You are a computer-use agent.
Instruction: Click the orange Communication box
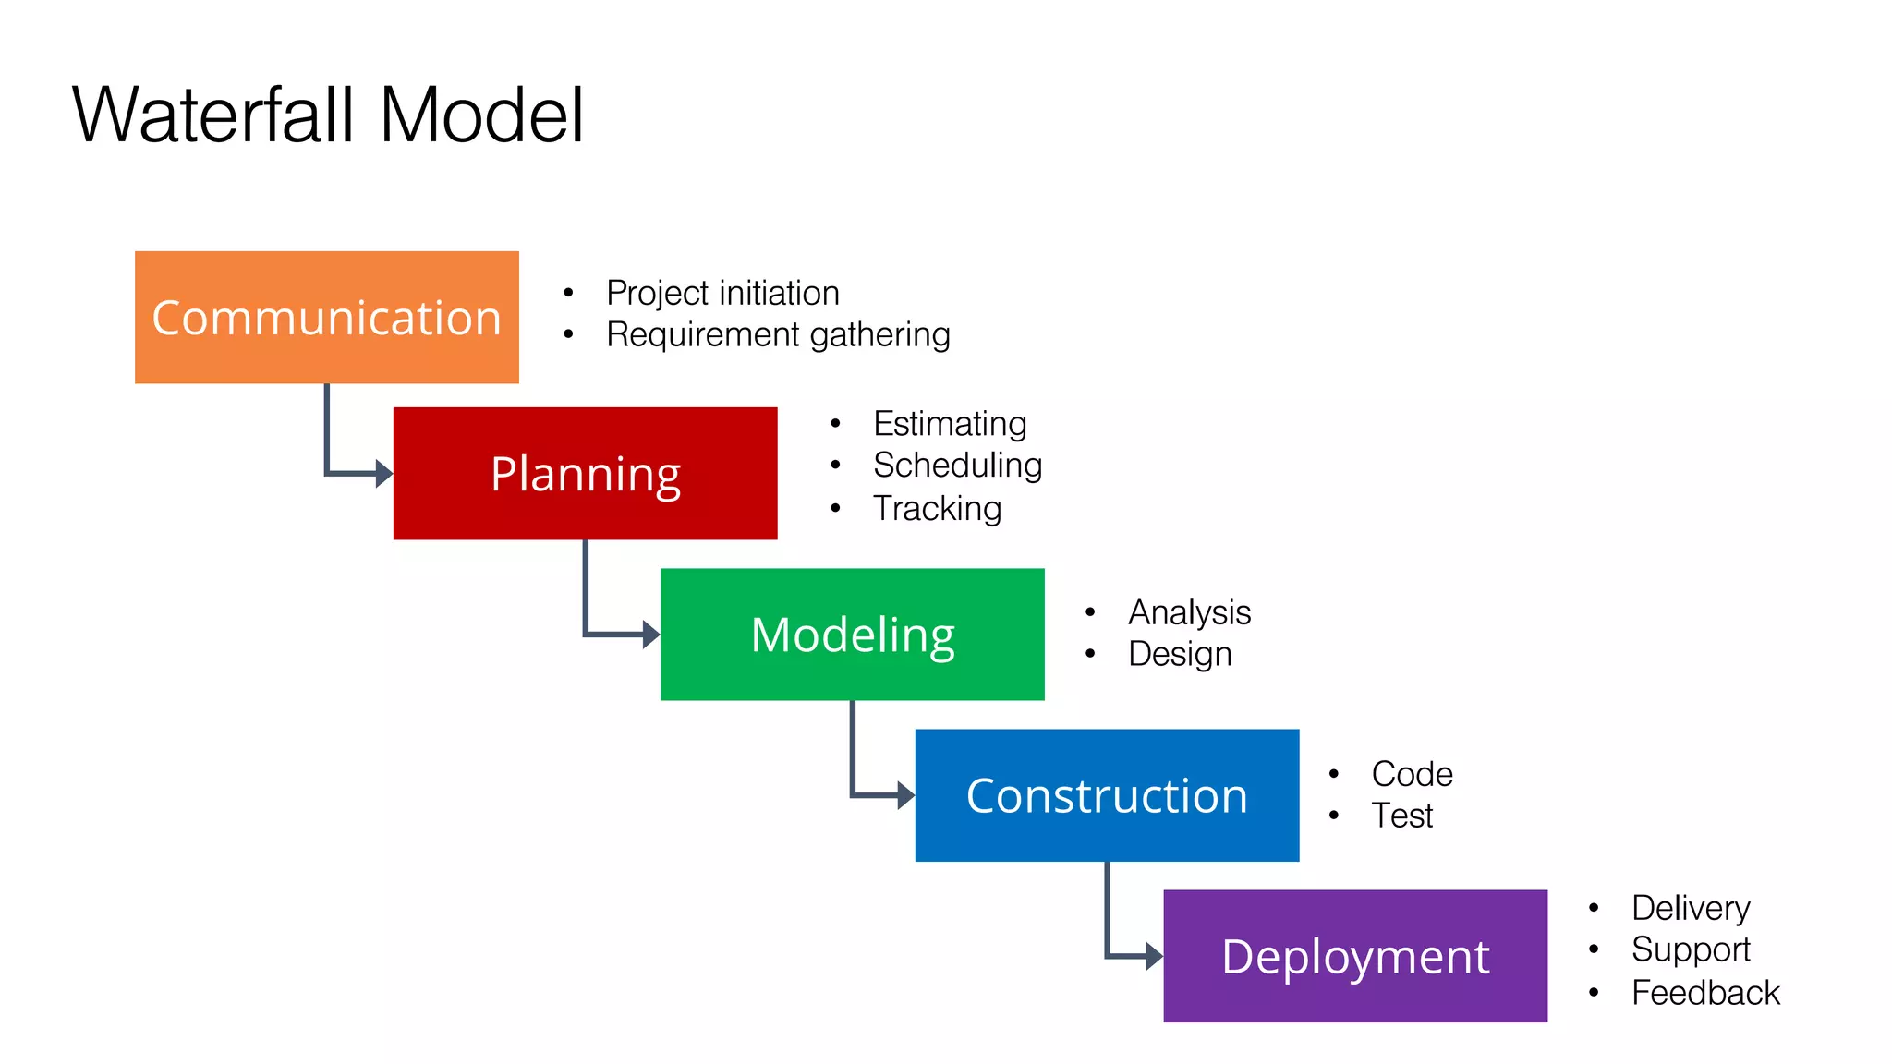(326, 317)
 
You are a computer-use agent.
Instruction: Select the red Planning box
(585, 473)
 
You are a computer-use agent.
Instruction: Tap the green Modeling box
(852, 634)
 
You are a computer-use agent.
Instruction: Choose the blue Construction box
(1107, 795)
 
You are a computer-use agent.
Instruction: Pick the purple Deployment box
(1354, 956)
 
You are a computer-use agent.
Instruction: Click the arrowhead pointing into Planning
(384, 474)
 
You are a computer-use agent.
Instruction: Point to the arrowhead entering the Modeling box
(651, 635)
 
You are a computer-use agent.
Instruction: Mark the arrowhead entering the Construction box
(906, 795)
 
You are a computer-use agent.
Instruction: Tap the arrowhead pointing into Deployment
(1154, 956)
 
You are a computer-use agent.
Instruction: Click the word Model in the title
(481, 115)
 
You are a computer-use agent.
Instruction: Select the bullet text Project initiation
(722, 293)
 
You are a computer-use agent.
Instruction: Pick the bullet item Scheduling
(957, 465)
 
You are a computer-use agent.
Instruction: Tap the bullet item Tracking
(937, 508)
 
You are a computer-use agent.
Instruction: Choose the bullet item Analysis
(1189, 612)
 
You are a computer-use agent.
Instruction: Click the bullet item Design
(1180, 654)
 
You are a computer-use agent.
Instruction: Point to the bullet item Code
(1412, 774)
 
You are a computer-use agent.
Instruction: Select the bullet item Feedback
(1704, 993)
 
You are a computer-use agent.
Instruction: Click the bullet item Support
(1691, 949)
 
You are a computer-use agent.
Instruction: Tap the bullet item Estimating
(950, 424)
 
